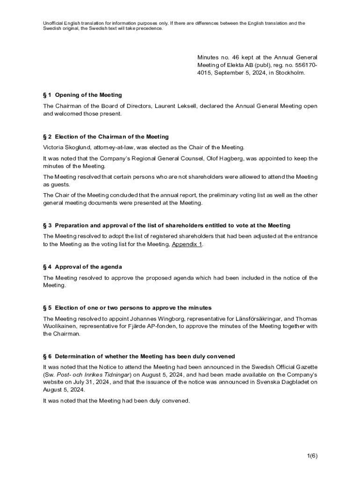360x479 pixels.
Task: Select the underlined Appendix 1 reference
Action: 187,244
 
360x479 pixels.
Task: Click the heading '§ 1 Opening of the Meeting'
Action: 82,95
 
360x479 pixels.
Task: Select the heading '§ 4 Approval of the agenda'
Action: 82,267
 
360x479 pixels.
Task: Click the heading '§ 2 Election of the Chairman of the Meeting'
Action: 106,137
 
